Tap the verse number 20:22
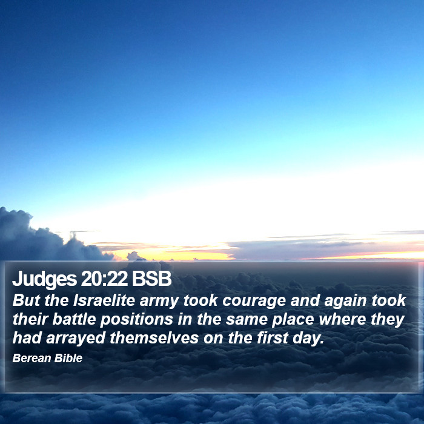pos(104,279)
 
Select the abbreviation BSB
pos(151,279)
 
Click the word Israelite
pos(104,300)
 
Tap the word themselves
pos(154,338)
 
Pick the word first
pos(273,338)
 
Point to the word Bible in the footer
pos(68,358)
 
